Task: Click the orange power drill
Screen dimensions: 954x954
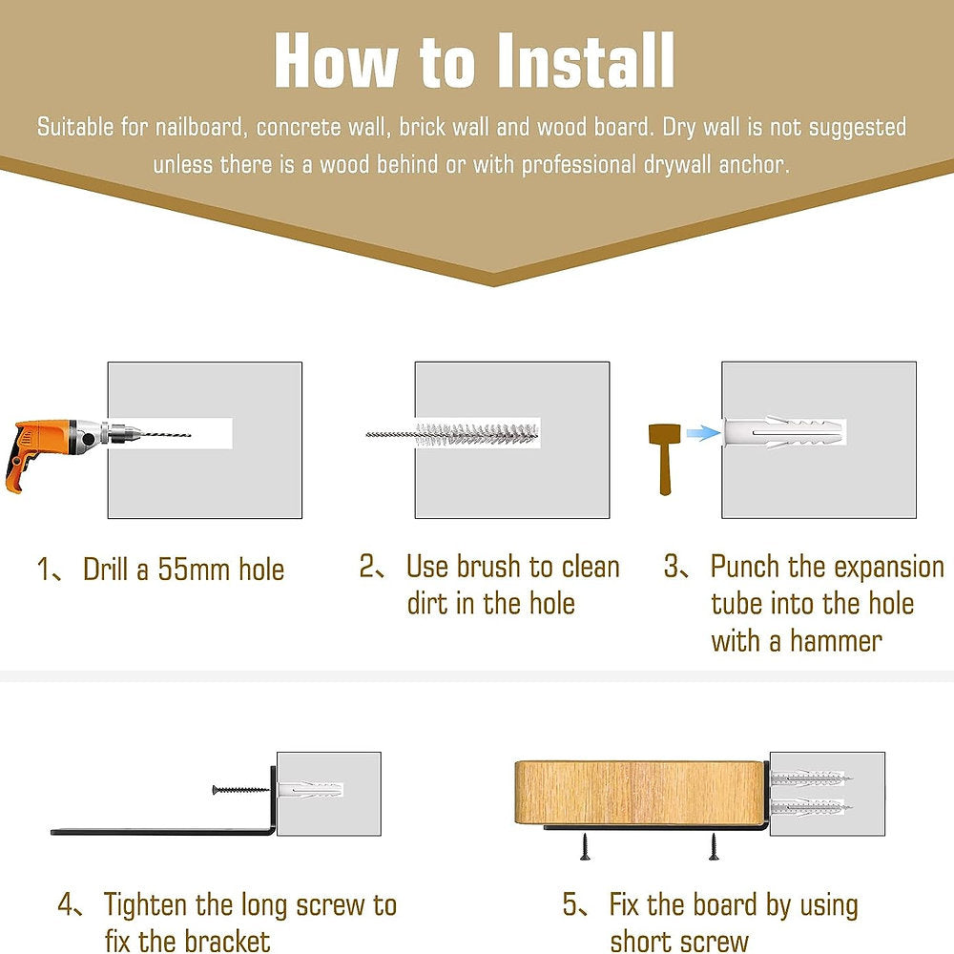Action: pyautogui.click(x=73, y=450)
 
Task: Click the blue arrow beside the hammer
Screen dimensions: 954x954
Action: pyautogui.click(x=703, y=433)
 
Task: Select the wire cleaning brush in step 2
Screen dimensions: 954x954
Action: pyautogui.click(x=453, y=434)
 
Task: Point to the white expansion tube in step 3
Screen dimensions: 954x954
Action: pyautogui.click(x=783, y=433)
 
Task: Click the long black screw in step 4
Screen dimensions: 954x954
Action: pyautogui.click(x=241, y=790)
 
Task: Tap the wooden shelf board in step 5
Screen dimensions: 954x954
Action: pyautogui.click(x=639, y=792)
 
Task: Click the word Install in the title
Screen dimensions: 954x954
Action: pyautogui.click(x=586, y=61)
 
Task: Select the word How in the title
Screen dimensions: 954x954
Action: pyautogui.click(x=335, y=61)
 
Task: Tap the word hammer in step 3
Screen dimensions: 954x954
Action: pyautogui.click(x=836, y=641)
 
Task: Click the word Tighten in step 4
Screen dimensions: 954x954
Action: pyautogui.click(x=145, y=905)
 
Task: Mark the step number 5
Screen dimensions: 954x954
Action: pyautogui.click(x=570, y=904)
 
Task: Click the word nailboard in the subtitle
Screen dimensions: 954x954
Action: pyautogui.click(x=201, y=127)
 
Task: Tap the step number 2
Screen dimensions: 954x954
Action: pyautogui.click(x=367, y=567)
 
